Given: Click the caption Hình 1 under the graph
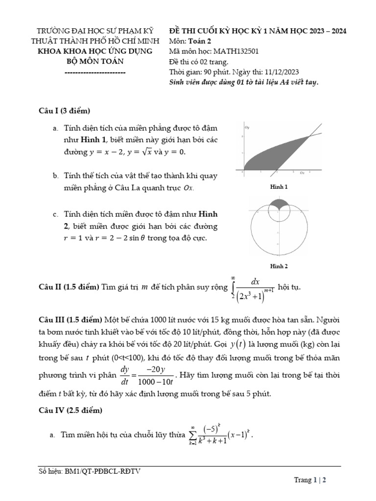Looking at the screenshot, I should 279,187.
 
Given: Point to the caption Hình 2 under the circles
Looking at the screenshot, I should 279,266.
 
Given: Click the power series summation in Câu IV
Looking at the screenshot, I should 221,434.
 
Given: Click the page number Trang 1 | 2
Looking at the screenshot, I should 310,480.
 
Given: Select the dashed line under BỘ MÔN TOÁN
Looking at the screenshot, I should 95,72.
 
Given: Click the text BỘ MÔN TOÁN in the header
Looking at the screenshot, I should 95,61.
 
